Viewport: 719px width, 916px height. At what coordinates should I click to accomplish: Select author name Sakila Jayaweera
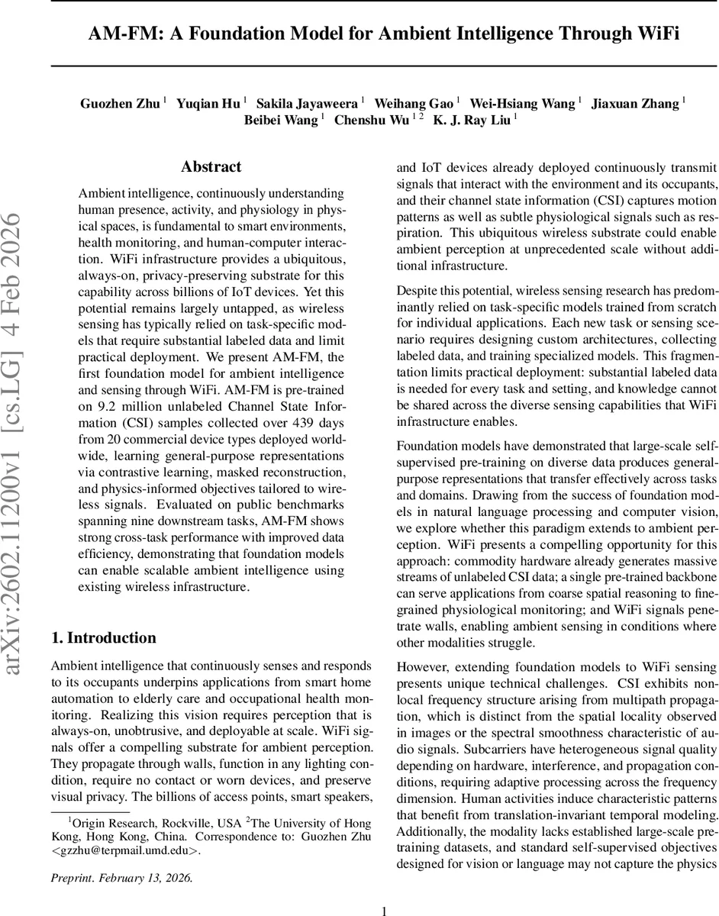(308, 103)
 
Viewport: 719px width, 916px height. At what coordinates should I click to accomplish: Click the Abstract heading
(211, 167)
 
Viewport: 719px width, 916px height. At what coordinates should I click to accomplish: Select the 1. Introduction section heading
(103, 617)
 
